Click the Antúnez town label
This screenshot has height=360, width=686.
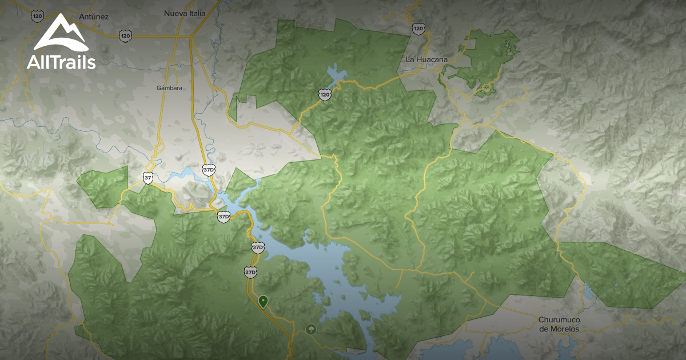coord(94,17)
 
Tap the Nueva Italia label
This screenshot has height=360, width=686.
coord(184,13)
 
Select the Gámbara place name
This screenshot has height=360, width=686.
coord(169,88)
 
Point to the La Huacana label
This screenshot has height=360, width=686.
coord(426,59)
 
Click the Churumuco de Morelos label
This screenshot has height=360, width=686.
coord(559,325)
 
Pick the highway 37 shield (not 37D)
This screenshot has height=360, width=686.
coord(148,178)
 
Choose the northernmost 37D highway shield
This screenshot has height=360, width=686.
coord(209,170)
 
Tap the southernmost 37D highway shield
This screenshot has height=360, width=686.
coord(250,272)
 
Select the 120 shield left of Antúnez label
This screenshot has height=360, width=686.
coord(38,16)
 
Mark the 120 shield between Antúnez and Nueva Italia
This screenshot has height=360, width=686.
coord(125,35)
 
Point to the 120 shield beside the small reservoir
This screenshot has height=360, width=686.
coord(325,94)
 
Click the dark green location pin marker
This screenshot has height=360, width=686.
coord(263,301)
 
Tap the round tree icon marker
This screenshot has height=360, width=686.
coord(310,329)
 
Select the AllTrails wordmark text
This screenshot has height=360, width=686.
coord(61,62)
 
